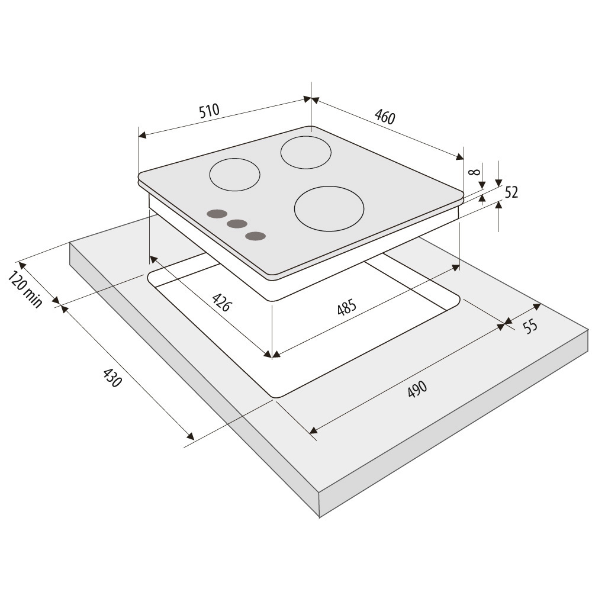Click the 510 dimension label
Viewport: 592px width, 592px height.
coord(209,111)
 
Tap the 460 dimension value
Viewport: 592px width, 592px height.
coord(385,117)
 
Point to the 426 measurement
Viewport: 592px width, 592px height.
coord(221,302)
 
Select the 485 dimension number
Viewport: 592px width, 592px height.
coord(346,307)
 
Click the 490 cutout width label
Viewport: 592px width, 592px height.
coord(417,389)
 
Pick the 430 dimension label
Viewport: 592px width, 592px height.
coord(112,378)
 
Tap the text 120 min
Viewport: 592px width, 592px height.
coord(25,289)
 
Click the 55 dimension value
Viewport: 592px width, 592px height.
coord(530,326)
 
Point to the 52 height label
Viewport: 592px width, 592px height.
coord(511,192)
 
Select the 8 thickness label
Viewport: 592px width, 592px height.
coord(474,172)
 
